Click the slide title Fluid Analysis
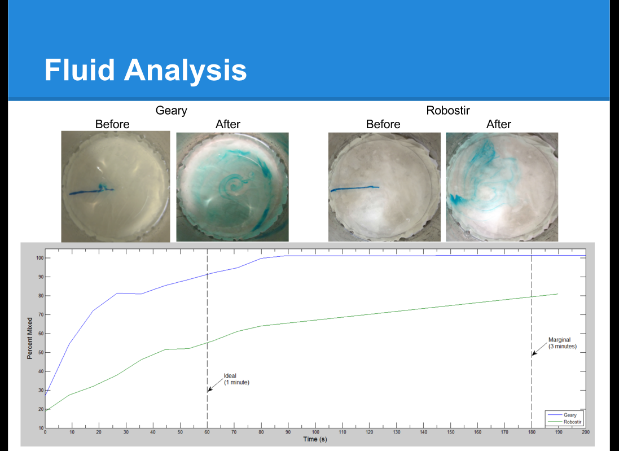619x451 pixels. coord(145,71)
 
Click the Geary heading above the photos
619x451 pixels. coord(172,111)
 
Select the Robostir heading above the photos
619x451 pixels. coord(447,111)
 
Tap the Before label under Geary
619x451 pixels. coord(112,124)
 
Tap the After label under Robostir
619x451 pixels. coord(499,124)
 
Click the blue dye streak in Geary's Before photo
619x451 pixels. coord(91,190)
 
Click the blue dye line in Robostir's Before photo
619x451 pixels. coord(354,189)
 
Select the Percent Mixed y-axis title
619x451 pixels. coord(29,338)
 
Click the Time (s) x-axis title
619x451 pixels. coord(315,439)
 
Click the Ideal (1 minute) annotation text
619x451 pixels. coord(236,379)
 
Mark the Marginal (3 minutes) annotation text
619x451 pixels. coord(562,343)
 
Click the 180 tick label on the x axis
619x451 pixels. coord(532,432)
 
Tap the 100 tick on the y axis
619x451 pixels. coord(40,258)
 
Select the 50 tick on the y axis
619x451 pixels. coord(41,352)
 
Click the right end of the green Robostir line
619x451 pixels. coord(558,294)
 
